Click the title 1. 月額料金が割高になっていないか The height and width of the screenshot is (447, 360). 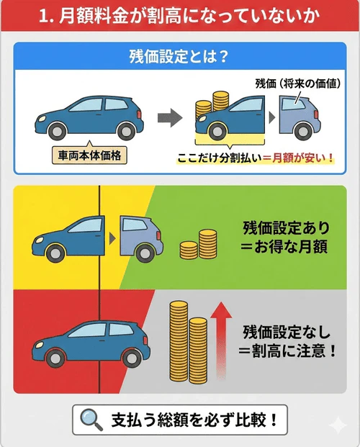point(180,15)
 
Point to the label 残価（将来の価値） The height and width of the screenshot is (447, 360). point(295,84)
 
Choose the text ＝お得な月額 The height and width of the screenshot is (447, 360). point(286,248)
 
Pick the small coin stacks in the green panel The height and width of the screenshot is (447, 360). point(198,245)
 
